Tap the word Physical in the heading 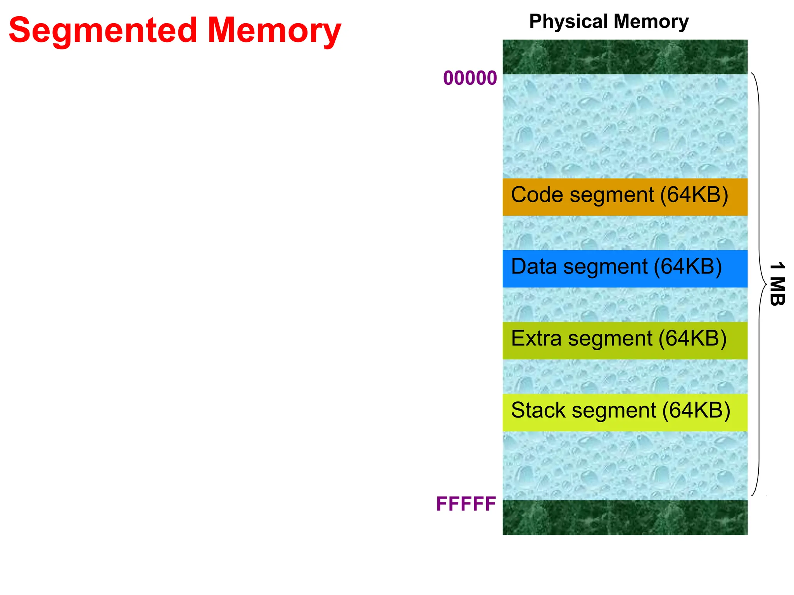pos(568,21)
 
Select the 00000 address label pos(470,78)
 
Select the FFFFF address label pos(466,504)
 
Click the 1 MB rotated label pos(777,284)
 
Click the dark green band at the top pos(625,57)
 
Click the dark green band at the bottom pos(625,518)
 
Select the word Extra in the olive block pos(536,339)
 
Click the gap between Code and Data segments pos(625,233)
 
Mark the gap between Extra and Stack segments pos(625,377)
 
